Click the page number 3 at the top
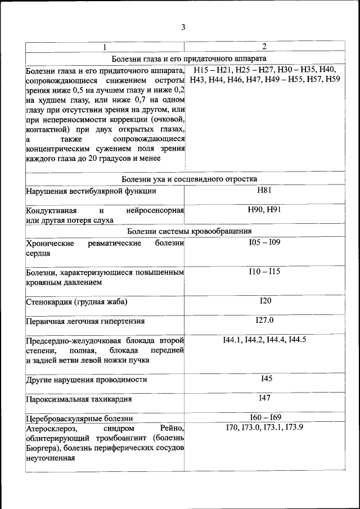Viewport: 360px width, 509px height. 183,28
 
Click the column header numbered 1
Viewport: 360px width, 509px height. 104,47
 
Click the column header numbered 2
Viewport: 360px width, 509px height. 264,46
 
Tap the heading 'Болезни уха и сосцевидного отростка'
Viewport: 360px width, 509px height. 189,178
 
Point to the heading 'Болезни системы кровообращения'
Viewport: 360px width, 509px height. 189,231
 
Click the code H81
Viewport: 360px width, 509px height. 264,190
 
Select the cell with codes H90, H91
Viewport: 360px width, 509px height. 264,209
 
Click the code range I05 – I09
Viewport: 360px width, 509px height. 264,242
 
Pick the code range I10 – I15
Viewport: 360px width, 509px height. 264,271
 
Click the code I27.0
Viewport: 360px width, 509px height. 264,320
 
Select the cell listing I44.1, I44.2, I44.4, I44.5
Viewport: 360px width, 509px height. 264,339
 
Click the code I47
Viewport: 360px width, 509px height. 265,398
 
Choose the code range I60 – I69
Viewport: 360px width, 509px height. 265,417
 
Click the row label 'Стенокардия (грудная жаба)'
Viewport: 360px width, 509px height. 76,302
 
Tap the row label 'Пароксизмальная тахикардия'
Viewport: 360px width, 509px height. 79,399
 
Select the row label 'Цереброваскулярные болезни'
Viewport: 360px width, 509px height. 79,418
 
